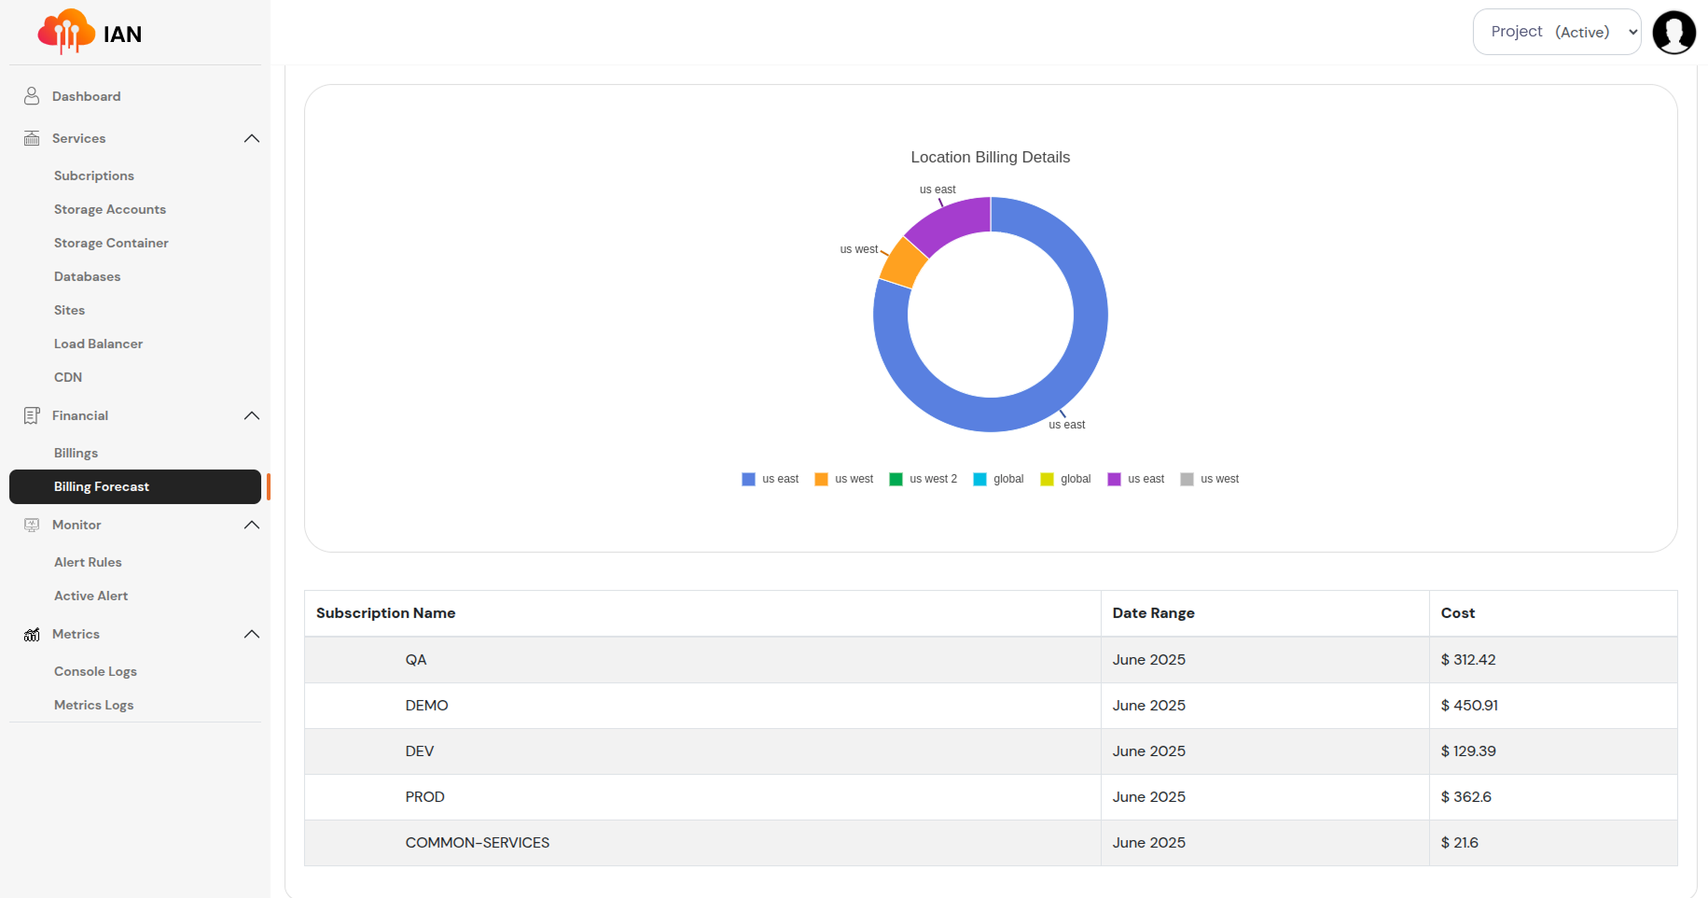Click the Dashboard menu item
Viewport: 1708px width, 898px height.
click(x=86, y=96)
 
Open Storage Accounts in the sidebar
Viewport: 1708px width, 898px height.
click(x=109, y=209)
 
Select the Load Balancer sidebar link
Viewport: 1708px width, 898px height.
click(x=98, y=344)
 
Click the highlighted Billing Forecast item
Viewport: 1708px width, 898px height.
click(x=102, y=486)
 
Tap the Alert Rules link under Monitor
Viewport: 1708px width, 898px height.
click(x=88, y=562)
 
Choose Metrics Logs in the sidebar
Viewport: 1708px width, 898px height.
click(x=93, y=705)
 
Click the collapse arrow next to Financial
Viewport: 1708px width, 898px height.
click(x=251, y=415)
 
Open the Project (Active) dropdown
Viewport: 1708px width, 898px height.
click(x=1556, y=32)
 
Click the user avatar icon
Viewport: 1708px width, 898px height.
click(x=1673, y=33)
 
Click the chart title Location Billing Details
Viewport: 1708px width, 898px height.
click(x=990, y=157)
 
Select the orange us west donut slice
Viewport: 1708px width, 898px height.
click(x=902, y=262)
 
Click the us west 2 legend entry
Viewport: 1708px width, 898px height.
click(x=923, y=479)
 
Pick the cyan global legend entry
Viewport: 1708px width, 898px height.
click(x=998, y=479)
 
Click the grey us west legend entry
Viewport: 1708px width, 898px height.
click(x=1210, y=479)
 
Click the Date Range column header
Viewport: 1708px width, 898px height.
click(x=1153, y=613)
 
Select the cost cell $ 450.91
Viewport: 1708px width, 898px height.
click(x=1468, y=706)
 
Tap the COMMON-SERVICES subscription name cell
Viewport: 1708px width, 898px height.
click(x=477, y=843)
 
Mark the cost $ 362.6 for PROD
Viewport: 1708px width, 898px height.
click(x=1465, y=797)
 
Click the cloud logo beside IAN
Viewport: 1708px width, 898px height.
click(x=65, y=33)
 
